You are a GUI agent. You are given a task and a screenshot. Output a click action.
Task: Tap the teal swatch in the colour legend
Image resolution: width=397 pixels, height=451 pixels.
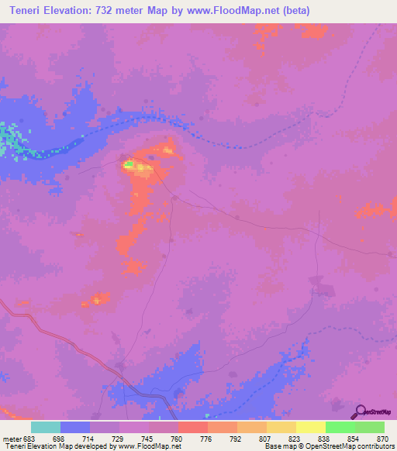pos(46,427)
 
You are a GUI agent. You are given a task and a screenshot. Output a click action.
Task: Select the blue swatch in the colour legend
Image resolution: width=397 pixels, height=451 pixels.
pos(75,427)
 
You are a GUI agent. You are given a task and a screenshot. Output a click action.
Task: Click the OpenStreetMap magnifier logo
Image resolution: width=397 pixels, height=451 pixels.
pos(360,411)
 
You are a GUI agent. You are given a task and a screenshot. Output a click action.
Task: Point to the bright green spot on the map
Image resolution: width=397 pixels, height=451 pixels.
pos(129,164)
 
